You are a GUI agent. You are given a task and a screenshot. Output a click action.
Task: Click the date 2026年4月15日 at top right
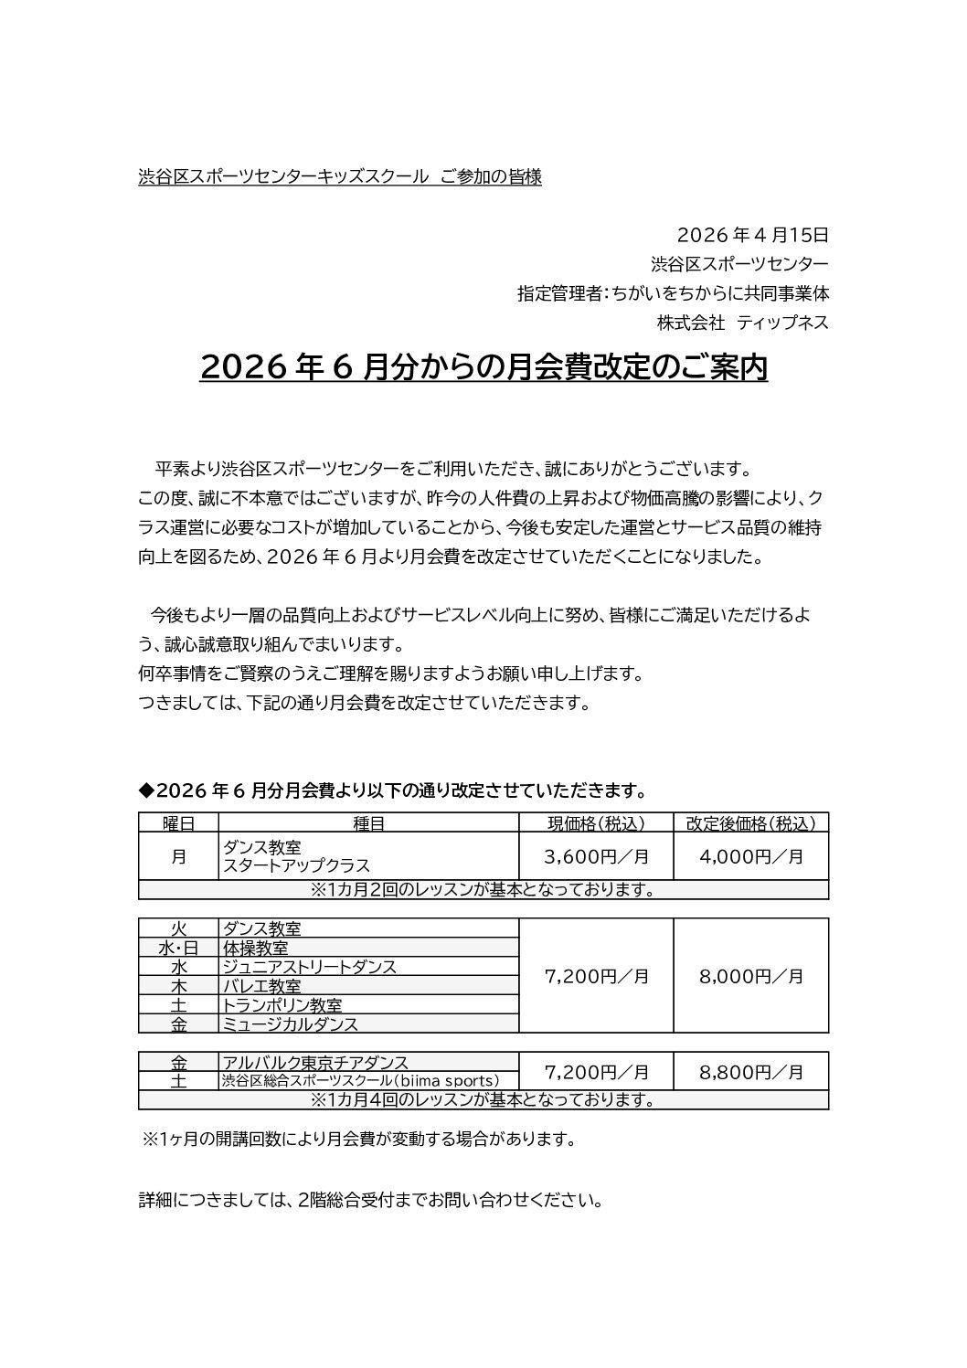[753, 235]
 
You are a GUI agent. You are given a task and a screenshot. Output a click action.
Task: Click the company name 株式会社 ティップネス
[742, 323]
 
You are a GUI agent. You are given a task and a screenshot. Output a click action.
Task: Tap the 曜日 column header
[178, 822]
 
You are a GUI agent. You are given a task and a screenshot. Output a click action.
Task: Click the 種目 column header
[368, 822]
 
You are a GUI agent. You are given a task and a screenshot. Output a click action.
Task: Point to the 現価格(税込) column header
[595, 822]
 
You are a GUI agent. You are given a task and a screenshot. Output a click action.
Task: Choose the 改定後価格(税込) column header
[750, 822]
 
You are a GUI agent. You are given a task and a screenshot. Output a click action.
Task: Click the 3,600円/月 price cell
[595, 856]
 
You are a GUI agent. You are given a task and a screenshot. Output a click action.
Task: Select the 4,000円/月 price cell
[750, 856]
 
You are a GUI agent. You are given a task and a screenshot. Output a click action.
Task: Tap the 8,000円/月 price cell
[750, 976]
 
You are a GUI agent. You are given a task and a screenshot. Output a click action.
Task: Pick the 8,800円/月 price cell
[750, 1072]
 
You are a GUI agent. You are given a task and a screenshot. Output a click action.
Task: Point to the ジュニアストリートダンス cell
[309, 967]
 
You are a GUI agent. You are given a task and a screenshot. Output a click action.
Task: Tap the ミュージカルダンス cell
[291, 1024]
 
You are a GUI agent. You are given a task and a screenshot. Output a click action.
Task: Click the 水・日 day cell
[178, 948]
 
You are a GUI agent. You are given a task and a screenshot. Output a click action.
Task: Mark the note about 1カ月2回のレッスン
[483, 890]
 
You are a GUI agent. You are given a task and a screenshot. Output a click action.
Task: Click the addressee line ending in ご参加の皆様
[339, 177]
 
